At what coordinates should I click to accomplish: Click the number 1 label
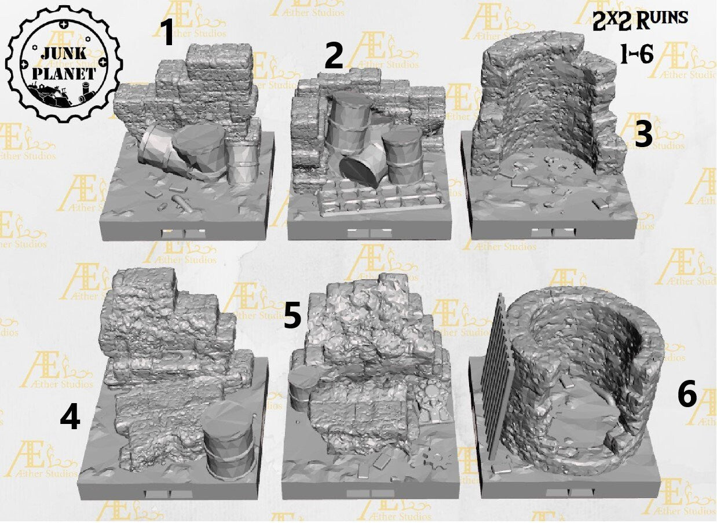167,32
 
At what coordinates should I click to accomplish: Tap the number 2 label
334,56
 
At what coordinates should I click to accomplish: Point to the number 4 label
69,418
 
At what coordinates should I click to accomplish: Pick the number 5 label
292,317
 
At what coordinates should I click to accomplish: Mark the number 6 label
687,396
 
